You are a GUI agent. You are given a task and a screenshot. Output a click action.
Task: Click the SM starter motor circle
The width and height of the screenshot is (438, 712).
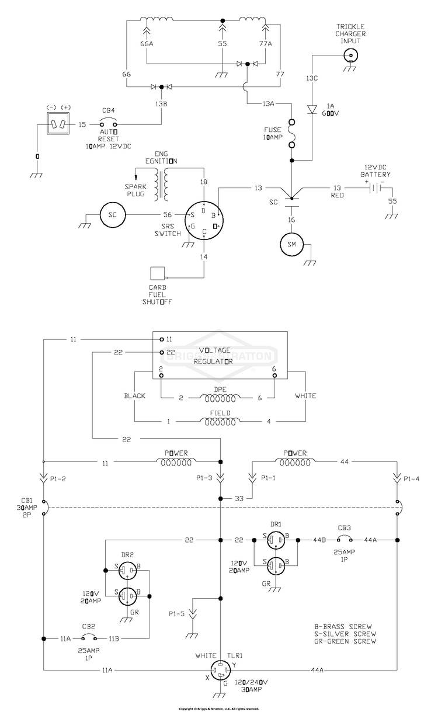point(293,244)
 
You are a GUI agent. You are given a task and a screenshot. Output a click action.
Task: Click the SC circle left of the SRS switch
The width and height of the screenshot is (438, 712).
point(112,214)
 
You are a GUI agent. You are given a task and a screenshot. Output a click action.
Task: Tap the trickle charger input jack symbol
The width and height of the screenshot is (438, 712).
point(350,55)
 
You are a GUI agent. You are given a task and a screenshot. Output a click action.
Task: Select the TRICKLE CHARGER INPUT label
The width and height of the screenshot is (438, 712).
point(350,33)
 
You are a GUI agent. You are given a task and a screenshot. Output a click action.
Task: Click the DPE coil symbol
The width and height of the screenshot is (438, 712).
point(220,398)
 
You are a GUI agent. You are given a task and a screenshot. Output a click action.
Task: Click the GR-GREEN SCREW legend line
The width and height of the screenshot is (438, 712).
point(344,641)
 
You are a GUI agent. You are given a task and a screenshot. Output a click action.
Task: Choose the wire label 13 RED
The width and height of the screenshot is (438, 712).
point(337,192)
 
